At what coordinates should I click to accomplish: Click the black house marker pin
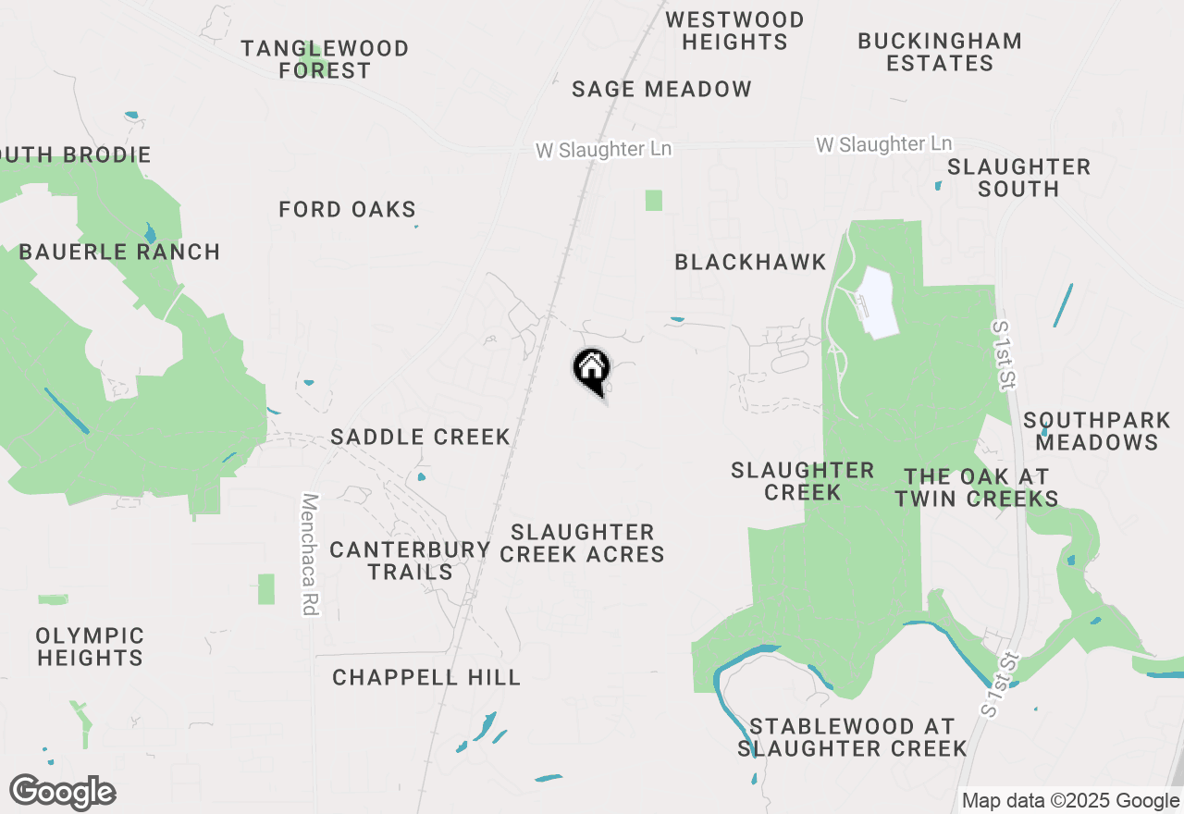[591, 371]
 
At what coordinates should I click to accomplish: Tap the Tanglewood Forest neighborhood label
[325, 59]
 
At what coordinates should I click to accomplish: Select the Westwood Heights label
[735, 31]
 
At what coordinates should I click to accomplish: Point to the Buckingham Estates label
[940, 53]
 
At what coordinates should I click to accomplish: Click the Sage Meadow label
[661, 90]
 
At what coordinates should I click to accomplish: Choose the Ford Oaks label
[348, 210]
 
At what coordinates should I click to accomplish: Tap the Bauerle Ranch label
[119, 252]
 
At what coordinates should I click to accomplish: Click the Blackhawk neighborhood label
[750, 263]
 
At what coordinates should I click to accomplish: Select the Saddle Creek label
[421, 437]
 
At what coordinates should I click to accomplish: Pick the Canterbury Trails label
[410, 561]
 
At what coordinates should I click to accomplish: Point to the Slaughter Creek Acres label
[583, 543]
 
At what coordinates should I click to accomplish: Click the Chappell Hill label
[426, 678]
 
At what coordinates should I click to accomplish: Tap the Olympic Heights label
[91, 647]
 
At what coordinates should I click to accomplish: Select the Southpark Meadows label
[1097, 431]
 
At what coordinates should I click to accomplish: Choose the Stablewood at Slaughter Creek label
[852, 737]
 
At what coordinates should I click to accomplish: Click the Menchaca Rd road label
[310, 554]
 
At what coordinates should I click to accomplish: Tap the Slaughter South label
[1018, 178]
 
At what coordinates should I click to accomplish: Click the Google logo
[62, 792]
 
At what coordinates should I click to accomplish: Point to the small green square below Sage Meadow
[654, 200]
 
